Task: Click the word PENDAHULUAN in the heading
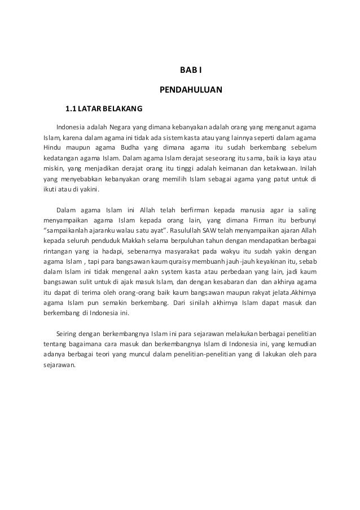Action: point(191,90)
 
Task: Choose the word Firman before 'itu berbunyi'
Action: point(262,221)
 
